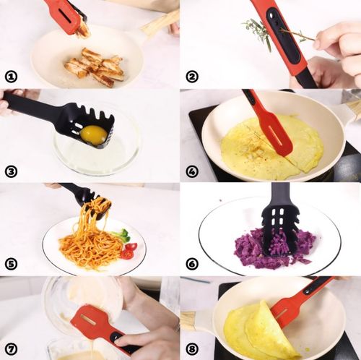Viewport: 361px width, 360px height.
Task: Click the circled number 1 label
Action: pyautogui.click(x=11, y=77)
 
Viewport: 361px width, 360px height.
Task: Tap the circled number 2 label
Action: pyautogui.click(x=192, y=77)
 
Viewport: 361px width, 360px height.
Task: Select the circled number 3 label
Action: pyautogui.click(x=11, y=171)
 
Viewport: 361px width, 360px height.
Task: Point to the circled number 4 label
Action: pyautogui.click(x=192, y=171)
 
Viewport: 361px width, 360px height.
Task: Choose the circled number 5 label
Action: pyautogui.click(x=11, y=264)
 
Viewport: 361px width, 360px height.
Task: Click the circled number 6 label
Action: pyautogui.click(x=192, y=264)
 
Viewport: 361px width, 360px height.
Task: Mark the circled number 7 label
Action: pyautogui.click(x=11, y=348)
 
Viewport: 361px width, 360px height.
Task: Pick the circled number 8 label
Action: pyautogui.click(x=192, y=348)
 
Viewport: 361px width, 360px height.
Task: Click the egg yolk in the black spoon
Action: pyautogui.click(x=94, y=135)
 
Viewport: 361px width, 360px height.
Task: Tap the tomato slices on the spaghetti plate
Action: pyautogui.click(x=129, y=251)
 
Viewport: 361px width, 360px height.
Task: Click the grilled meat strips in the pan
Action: pyautogui.click(x=95, y=67)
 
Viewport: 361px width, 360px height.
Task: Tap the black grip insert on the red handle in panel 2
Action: pyautogui.click(x=284, y=36)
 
